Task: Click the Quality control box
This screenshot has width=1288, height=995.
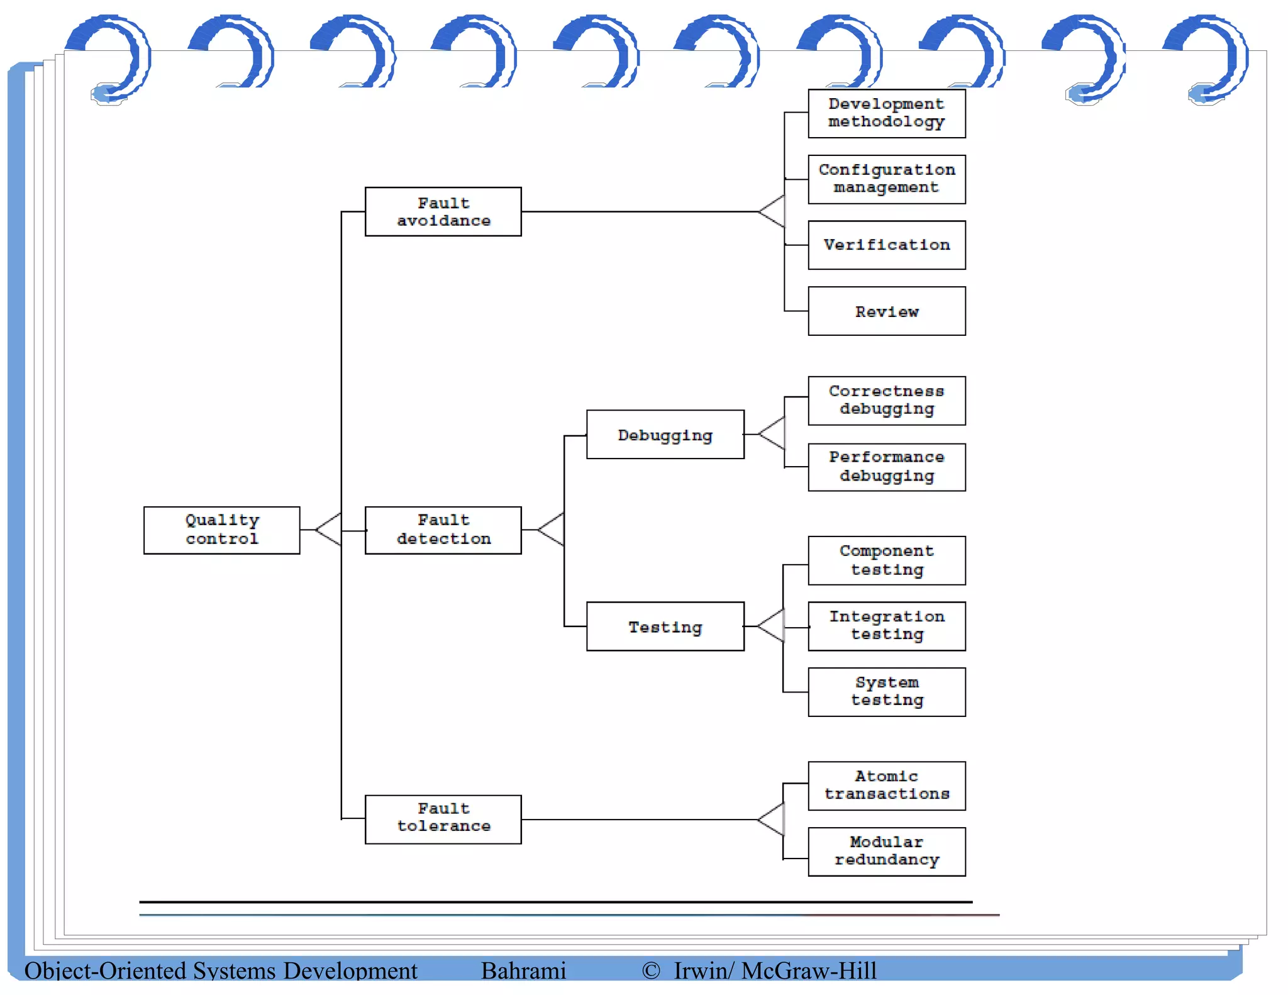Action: point(221,530)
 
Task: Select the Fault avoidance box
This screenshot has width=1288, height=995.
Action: point(443,211)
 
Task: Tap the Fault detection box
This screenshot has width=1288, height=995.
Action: point(443,530)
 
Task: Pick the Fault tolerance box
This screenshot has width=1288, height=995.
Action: point(443,819)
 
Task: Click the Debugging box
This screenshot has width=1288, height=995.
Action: point(665,435)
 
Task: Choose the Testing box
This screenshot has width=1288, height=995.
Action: point(665,626)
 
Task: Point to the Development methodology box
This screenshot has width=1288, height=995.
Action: point(886,113)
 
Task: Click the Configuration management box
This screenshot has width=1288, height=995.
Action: point(886,179)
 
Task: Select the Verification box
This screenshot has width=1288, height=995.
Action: point(886,245)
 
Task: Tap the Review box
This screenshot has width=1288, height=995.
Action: point(886,311)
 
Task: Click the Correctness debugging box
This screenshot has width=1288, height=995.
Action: point(886,401)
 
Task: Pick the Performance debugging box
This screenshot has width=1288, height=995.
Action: point(886,467)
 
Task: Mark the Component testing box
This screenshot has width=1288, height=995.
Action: point(886,560)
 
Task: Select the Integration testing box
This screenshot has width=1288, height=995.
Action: point(886,626)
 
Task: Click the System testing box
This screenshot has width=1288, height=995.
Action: point(886,692)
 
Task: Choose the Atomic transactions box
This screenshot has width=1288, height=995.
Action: point(886,786)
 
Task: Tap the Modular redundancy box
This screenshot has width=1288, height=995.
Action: point(886,852)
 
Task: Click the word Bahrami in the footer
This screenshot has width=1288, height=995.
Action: point(523,970)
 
